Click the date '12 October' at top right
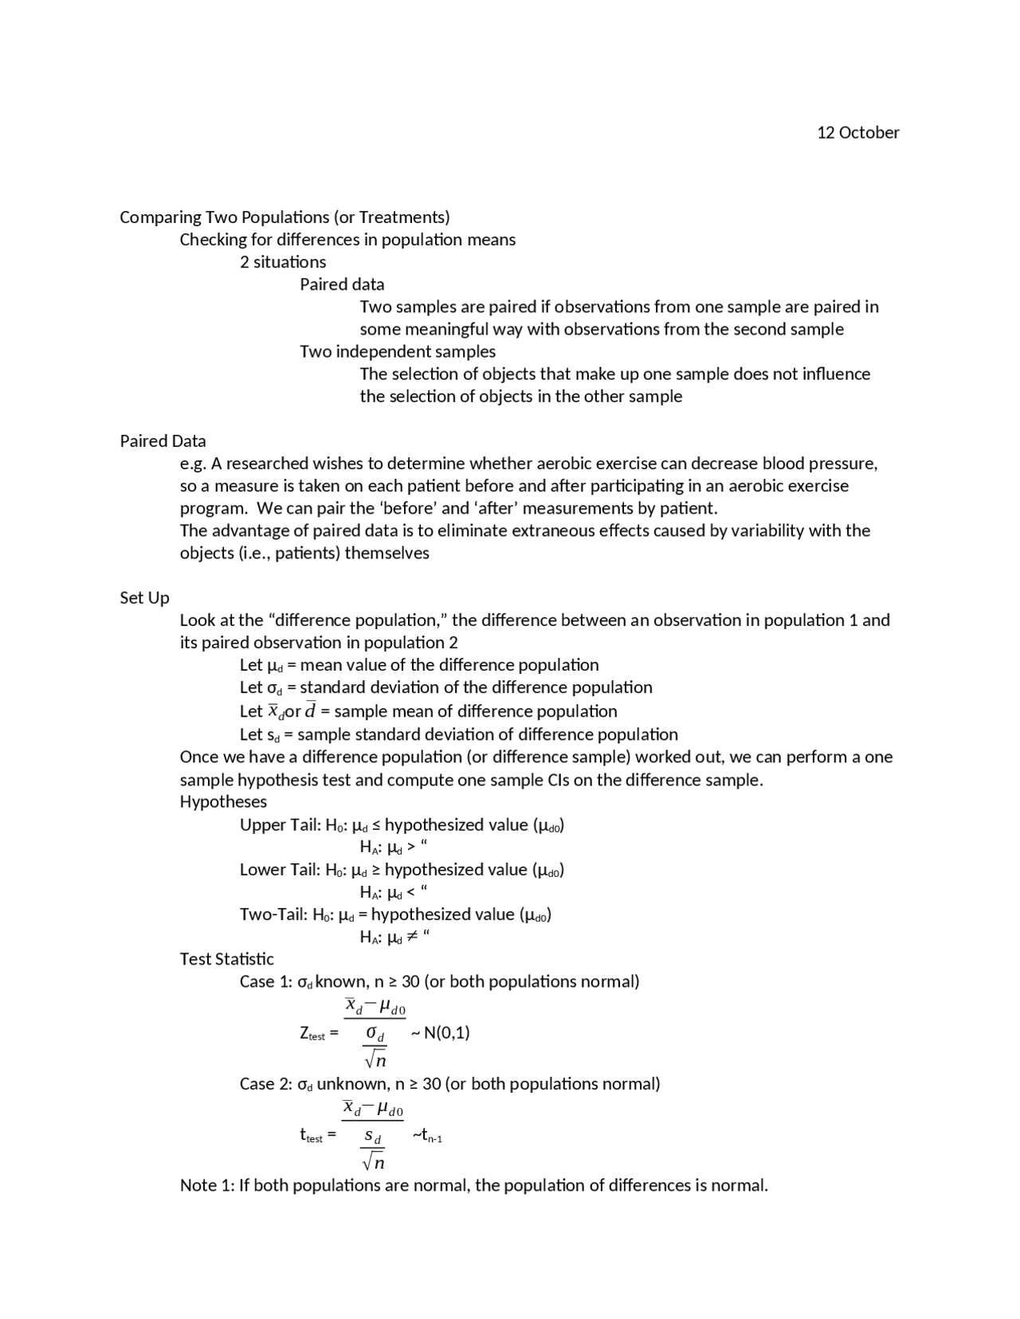[857, 132]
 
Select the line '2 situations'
[283, 262]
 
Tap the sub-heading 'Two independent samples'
[397, 351]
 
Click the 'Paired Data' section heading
[163, 440]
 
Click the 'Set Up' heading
[144, 597]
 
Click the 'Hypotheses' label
[223, 801]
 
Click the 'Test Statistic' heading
[226, 959]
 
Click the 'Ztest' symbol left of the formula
[312, 1033]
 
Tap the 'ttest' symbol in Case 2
[312, 1136]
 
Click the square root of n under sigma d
[375, 1060]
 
